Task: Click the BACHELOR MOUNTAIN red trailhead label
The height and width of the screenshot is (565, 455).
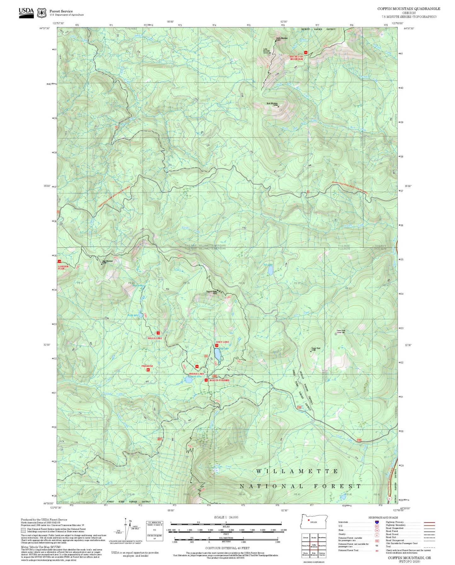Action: pos(296,58)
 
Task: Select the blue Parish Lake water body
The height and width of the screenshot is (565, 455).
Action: pos(189,380)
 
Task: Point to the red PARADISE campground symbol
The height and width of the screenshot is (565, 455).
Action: pos(148,370)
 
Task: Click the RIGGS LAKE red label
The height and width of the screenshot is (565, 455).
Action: pos(155,338)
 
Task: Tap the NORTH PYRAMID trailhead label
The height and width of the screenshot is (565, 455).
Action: pos(219,380)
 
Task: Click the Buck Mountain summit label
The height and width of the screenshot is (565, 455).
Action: pos(272,104)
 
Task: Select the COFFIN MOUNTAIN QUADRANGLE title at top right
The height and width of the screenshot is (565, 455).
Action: pos(409,9)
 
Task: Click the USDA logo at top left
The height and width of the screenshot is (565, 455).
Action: pos(26,12)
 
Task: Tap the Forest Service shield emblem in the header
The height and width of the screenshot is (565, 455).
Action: pos(42,13)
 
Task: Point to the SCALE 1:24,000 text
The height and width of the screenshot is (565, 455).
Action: pos(226,517)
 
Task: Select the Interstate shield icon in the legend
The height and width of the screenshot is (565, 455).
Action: pos(377,522)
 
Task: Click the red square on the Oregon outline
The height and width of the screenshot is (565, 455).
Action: pos(309,520)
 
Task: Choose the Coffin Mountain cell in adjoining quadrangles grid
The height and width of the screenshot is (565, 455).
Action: pos(314,545)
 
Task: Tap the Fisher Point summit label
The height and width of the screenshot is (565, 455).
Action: pos(316,348)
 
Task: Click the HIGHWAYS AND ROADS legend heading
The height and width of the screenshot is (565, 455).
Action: pos(383,517)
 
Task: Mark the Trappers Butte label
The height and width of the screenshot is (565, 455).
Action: pos(211,292)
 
